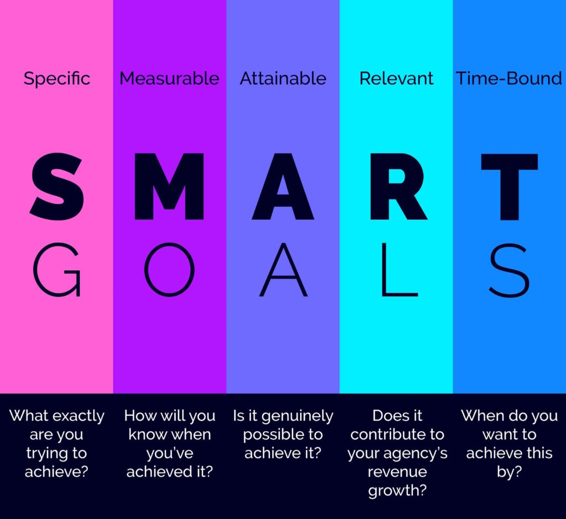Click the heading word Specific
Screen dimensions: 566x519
point(57,78)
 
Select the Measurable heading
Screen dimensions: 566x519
point(169,78)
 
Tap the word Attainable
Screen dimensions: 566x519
point(283,78)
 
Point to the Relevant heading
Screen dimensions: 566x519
point(396,78)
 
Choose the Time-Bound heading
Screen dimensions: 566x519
point(509,78)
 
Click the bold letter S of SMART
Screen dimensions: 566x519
point(57,187)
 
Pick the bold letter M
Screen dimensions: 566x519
point(169,187)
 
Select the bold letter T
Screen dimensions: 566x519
point(509,187)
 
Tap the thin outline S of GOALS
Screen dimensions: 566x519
point(509,270)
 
